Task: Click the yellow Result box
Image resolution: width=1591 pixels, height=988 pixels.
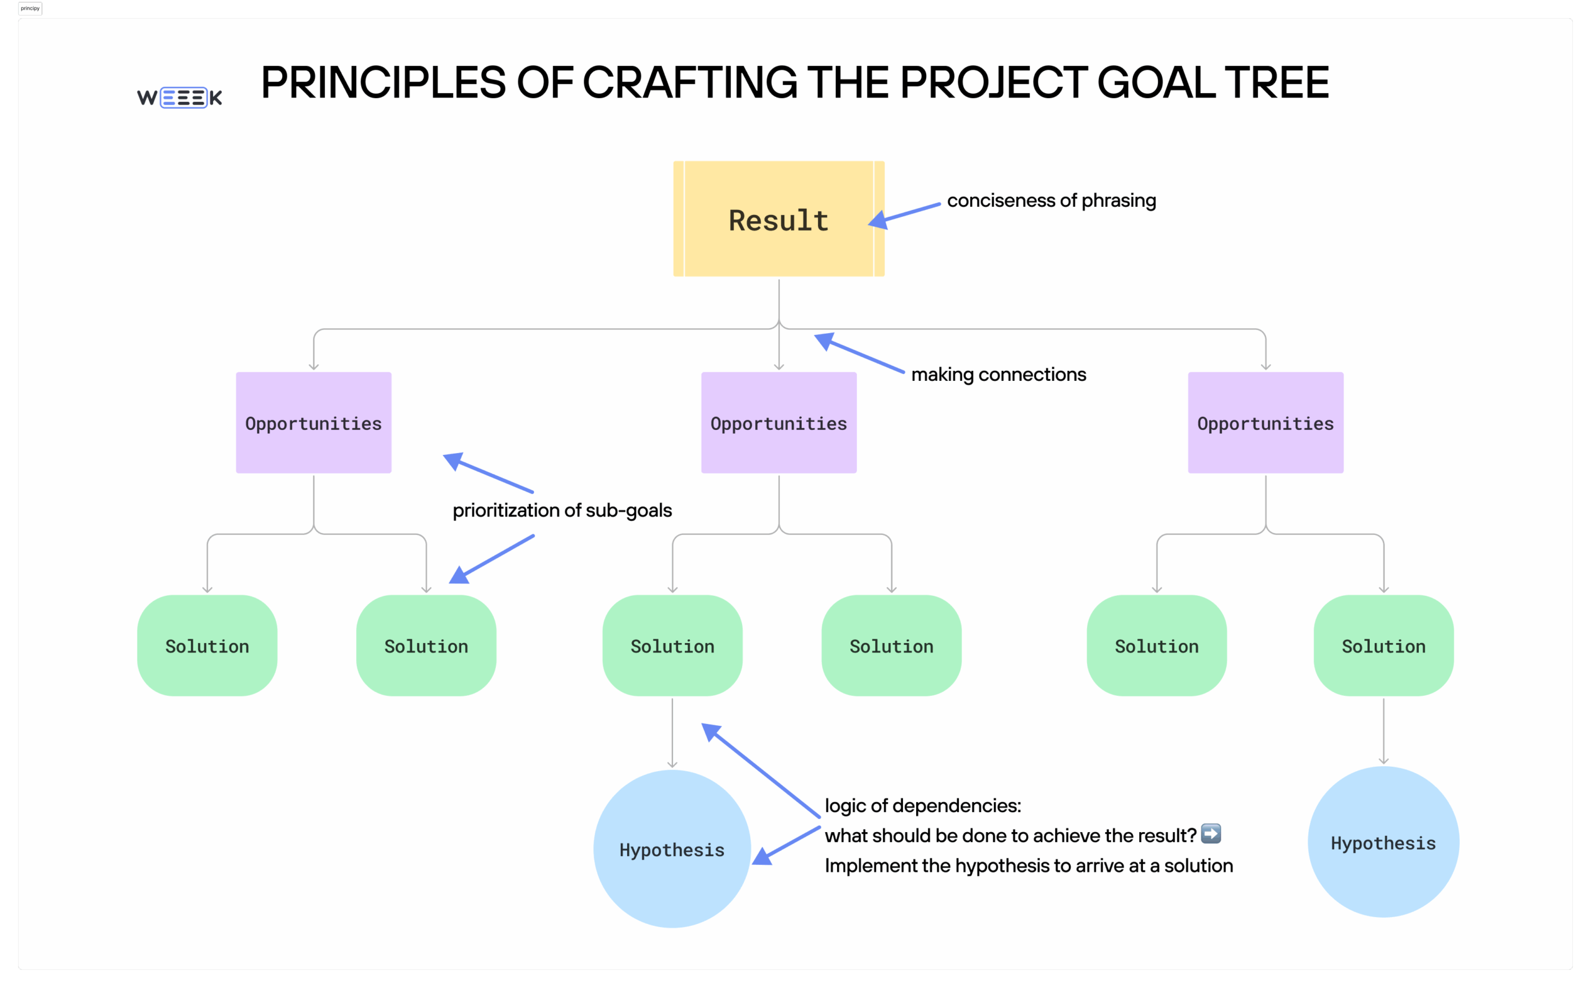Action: pos(778,219)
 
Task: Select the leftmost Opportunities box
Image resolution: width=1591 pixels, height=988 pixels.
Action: pos(314,423)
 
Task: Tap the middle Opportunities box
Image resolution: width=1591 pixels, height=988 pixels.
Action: pos(778,423)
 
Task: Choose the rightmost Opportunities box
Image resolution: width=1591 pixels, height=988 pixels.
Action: pos(1265,423)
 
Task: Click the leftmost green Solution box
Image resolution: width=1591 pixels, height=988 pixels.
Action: pos(207,645)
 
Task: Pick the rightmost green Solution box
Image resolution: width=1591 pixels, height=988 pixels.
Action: pos(1383,645)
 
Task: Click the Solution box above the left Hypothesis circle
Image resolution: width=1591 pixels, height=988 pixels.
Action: pos(672,645)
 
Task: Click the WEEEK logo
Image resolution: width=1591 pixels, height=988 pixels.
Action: pos(180,98)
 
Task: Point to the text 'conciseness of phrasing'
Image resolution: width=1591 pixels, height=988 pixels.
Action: pos(1051,201)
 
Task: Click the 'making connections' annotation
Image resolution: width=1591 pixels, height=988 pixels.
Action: pos(997,375)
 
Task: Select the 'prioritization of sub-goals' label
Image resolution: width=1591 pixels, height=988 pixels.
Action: pos(562,510)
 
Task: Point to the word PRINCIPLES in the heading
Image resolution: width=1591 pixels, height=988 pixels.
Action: pos(383,83)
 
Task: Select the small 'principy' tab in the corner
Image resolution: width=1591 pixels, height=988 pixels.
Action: pos(30,9)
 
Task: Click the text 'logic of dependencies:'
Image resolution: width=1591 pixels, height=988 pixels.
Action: pos(922,806)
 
